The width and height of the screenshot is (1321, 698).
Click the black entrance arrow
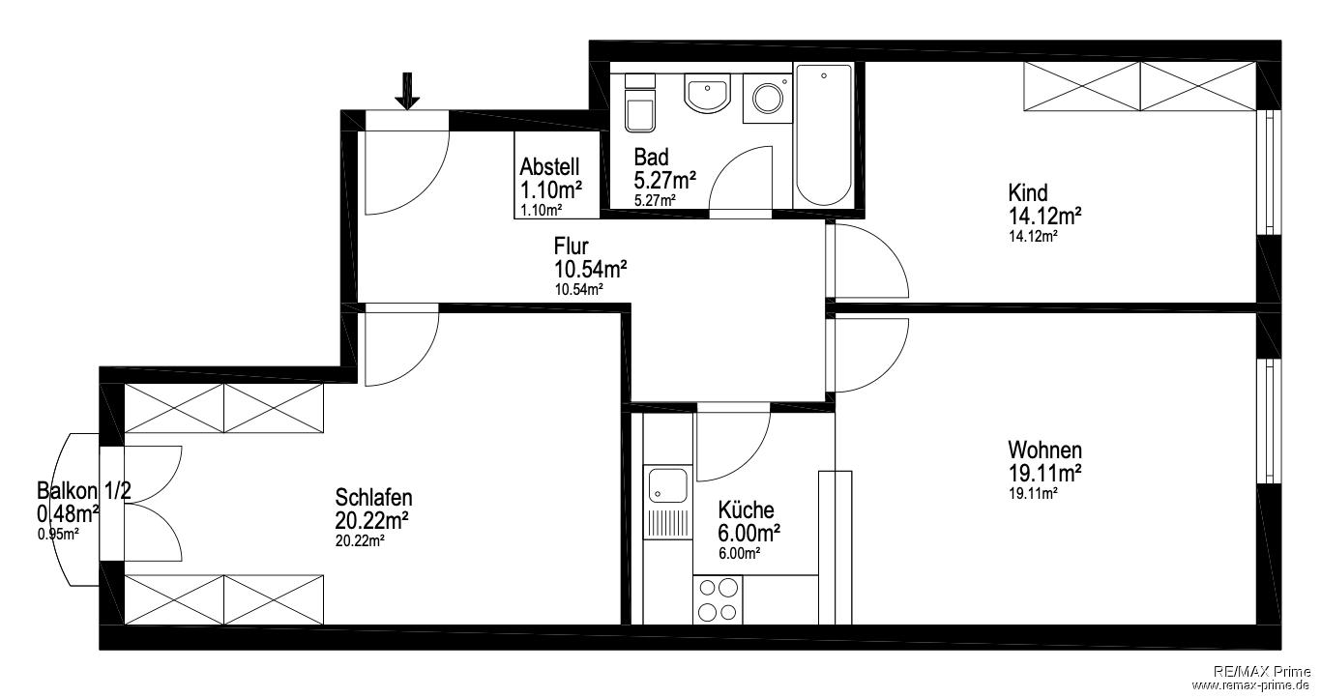tap(407, 92)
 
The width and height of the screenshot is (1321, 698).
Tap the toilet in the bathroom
tap(640, 102)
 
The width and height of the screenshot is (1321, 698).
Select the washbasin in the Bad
tap(707, 93)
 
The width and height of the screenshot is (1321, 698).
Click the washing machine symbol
tap(767, 98)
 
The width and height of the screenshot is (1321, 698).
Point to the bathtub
tap(824, 135)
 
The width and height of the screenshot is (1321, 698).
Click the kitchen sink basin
tap(667, 485)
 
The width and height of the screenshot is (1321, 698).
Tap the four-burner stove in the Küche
tap(718, 599)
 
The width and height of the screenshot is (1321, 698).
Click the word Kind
tap(1028, 192)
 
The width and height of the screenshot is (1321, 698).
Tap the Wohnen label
tap(1045, 451)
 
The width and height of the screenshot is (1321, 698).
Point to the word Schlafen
tap(374, 498)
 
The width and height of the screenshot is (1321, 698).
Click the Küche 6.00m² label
tap(749, 521)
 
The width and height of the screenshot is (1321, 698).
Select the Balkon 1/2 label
tap(84, 490)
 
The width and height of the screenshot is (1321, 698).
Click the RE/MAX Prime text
tap(1261, 672)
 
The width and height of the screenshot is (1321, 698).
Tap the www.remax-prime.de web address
tap(1250, 685)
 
